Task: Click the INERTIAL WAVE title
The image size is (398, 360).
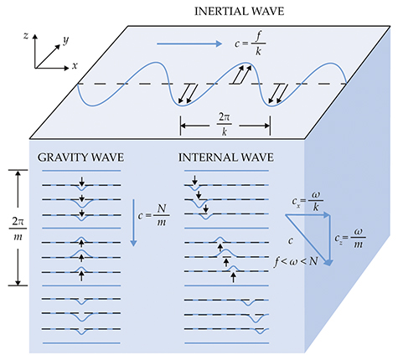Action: tap(239, 12)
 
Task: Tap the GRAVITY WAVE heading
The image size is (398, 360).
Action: tap(80, 157)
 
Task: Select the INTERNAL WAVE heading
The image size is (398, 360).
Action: tap(226, 157)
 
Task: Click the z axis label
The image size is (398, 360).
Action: tap(26, 35)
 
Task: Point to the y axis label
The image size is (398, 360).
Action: tap(66, 40)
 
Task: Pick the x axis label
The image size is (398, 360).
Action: tap(75, 66)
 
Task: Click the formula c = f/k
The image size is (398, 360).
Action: tap(250, 44)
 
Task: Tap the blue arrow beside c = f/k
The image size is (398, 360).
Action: tap(189, 44)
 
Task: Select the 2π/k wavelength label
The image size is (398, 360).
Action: tap(225, 124)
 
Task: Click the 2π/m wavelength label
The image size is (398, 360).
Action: tap(18, 229)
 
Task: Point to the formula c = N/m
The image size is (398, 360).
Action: tap(153, 215)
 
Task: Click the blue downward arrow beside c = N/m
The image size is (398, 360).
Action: tap(133, 223)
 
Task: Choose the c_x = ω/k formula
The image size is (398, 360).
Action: tap(308, 202)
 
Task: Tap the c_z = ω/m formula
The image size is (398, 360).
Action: tap(350, 238)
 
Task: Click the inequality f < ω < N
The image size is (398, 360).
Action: tap(296, 262)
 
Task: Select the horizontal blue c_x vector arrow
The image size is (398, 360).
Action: tap(308, 215)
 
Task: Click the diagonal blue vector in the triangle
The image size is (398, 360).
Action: tap(308, 239)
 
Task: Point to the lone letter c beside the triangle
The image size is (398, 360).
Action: tap(291, 240)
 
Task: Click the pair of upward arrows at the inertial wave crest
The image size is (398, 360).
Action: tap(242, 75)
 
